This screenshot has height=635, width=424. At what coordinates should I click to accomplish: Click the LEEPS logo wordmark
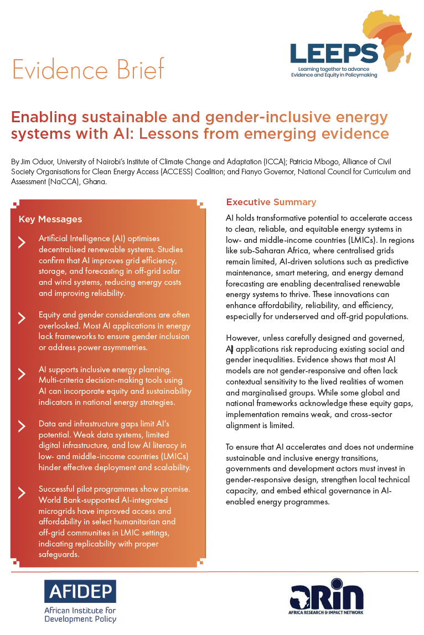coord(334,53)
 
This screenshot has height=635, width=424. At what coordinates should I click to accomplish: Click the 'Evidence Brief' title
coord(88,70)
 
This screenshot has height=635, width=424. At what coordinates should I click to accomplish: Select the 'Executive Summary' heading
coord(271,202)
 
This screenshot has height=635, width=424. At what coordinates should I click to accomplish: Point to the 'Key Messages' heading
coord(50,220)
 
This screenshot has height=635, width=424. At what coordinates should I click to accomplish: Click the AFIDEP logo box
coord(80,591)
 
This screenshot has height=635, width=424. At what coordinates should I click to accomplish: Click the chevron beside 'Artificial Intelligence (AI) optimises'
coord(22,242)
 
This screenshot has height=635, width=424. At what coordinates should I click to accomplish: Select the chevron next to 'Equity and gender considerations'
coord(22,318)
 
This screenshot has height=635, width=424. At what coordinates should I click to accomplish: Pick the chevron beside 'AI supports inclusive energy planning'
coord(22,373)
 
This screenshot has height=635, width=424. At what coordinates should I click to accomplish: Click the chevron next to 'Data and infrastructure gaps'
coord(22,426)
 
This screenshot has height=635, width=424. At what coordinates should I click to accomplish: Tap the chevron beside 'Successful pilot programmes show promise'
coord(22,493)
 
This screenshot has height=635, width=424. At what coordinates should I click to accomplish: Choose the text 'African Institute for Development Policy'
coord(80,615)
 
